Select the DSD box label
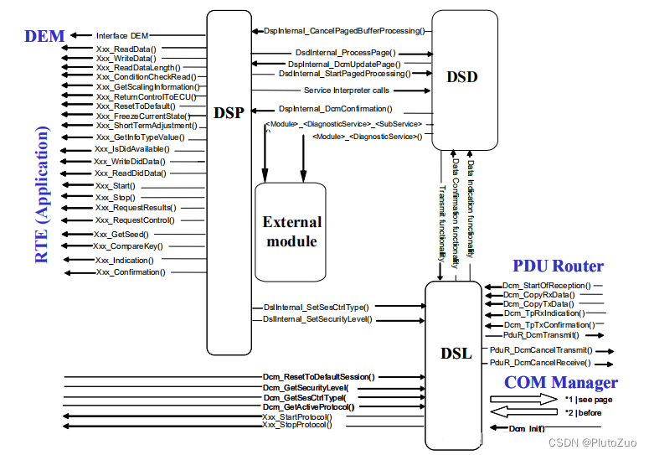461,77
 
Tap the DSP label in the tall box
229,112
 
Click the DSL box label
456,353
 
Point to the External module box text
291,231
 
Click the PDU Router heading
558,266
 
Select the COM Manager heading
560,383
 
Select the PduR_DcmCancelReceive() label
540,363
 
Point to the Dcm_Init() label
527,428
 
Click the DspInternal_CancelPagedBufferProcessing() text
343,31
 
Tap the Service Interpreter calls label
347,90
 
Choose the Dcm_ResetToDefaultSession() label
318,377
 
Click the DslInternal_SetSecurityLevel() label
317,319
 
